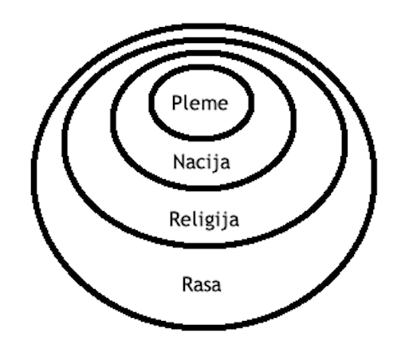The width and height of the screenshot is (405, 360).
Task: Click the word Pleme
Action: click(200, 103)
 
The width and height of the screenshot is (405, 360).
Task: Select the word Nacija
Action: click(202, 162)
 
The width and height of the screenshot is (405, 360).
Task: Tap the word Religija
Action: click(204, 219)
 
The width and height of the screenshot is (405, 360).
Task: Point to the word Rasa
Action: click(202, 284)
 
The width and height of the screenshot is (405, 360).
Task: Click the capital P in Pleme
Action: click(177, 103)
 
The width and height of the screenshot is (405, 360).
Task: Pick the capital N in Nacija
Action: click(179, 162)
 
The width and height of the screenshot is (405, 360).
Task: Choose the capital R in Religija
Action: click(175, 219)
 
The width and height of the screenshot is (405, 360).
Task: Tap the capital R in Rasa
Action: click(188, 284)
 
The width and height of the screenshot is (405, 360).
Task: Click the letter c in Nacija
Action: click(203, 163)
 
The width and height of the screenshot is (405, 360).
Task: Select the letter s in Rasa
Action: click(207, 286)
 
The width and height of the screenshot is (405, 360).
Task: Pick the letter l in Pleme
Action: click(185, 103)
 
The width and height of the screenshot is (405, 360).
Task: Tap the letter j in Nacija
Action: click(216, 163)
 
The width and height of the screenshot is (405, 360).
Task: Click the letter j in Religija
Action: click(225, 221)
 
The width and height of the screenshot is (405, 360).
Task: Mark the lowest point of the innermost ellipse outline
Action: click(200, 138)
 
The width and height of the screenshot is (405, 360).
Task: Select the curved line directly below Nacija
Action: click(202, 188)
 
